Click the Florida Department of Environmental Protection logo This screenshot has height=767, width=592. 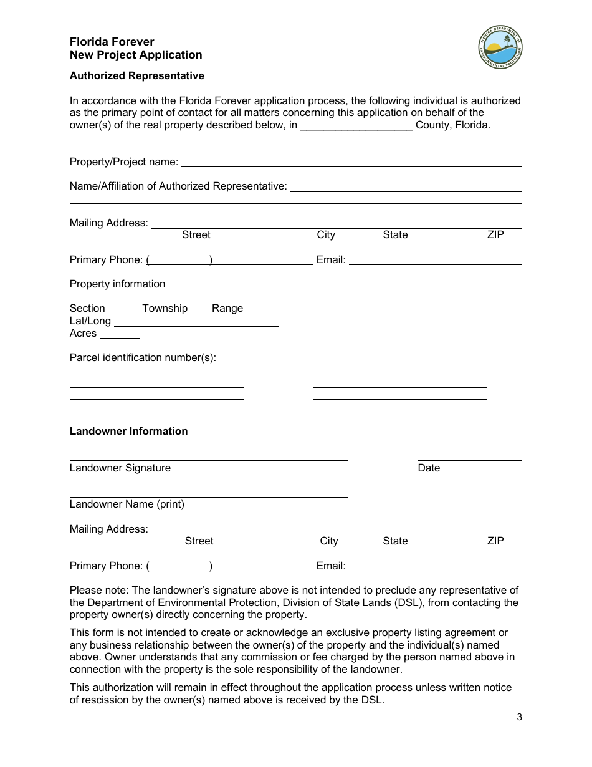[500, 47]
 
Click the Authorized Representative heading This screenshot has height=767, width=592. [136, 75]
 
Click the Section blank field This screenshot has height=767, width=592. [123, 310]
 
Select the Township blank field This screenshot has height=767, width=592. [199, 310]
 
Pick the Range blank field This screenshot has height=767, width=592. [279, 310]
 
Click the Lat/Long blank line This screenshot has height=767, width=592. [196, 322]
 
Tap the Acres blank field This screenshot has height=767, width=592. [119, 335]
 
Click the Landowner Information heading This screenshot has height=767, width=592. [128, 431]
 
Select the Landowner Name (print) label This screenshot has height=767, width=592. [127, 504]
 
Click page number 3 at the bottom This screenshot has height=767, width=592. [519, 716]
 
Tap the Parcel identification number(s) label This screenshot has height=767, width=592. [143, 357]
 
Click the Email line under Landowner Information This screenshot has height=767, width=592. [435, 567]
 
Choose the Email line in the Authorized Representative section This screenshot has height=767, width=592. [435, 261]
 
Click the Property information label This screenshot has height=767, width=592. [117, 284]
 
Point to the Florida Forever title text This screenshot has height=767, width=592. [112, 42]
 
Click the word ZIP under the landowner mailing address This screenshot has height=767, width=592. [495, 541]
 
